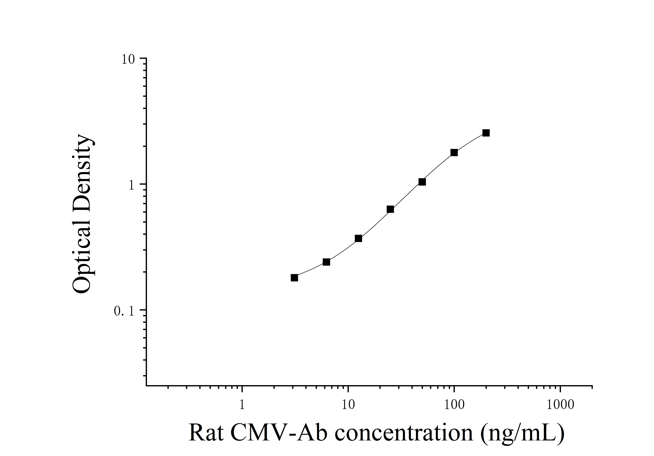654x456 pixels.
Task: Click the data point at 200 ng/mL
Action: click(x=486, y=133)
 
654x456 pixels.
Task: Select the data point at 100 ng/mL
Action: click(x=454, y=153)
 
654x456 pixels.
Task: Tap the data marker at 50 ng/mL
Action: click(x=422, y=182)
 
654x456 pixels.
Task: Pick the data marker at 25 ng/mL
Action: click(x=390, y=209)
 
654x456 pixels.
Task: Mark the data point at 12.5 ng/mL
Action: click(x=358, y=238)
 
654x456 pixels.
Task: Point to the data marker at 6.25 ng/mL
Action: click(x=326, y=262)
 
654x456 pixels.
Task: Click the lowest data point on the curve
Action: click(x=294, y=278)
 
